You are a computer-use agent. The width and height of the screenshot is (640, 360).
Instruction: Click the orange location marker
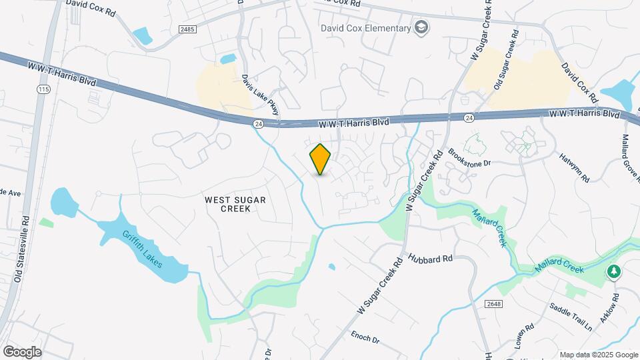click(320, 159)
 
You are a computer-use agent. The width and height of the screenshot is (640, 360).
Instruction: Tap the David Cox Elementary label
click(365, 28)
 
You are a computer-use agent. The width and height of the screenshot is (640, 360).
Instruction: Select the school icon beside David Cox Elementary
click(421, 27)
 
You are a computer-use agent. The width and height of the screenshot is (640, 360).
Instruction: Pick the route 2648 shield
click(493, 303)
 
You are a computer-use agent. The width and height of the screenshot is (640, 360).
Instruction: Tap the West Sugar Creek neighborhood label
click(226, 204)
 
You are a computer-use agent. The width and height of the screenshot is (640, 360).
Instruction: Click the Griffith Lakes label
click(147, 254)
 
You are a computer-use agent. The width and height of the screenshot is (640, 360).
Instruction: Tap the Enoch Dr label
click(365, 336)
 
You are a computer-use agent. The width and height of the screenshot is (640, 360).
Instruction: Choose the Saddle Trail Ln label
click(570, 317)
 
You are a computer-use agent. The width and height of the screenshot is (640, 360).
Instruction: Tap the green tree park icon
click(613, 272)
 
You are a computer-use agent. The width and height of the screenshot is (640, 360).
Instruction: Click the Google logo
click(22, 351)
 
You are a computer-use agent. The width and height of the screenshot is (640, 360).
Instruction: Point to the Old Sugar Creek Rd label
click(505, 63)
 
